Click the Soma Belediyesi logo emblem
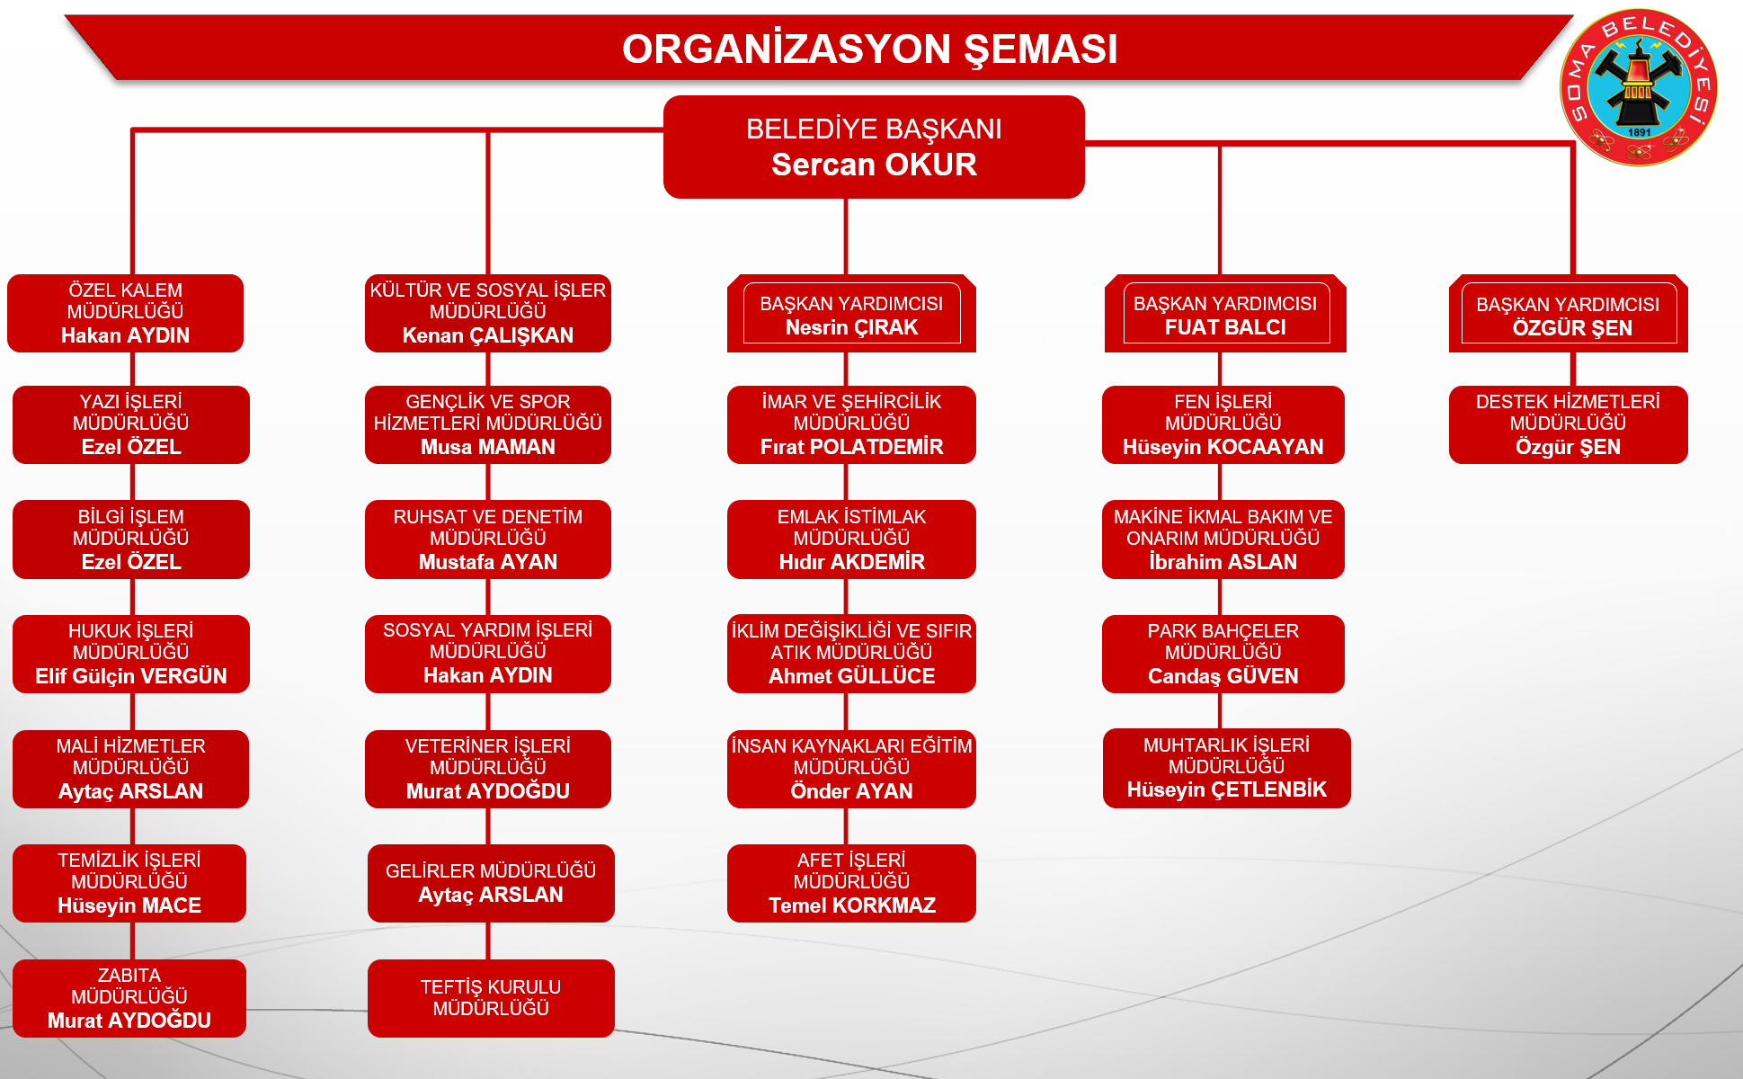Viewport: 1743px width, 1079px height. point(1639,87)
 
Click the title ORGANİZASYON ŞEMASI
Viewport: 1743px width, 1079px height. point(870,49)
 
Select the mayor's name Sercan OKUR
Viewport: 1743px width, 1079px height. point(874,165)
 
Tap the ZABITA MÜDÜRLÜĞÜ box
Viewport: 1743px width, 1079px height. point(129,998)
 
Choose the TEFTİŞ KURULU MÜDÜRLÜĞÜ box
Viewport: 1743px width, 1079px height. point(491,998)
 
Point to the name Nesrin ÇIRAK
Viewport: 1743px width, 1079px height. point(851,327)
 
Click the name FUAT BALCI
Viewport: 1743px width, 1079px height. point(1225,327)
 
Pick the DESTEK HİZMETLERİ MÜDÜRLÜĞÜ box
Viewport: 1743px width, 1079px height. point(1569,424)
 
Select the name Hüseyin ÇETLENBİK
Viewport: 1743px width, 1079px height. point(1227,789)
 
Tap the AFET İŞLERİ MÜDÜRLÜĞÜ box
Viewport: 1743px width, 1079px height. point(851,883)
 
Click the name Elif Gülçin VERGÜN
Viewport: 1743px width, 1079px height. point(131,676)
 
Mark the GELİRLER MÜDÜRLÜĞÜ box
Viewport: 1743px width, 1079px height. point(491,883)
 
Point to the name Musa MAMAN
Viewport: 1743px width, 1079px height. point(488,447)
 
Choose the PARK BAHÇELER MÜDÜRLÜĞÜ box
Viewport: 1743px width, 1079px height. point(1223,654)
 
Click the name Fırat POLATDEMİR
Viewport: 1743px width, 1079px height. point(851,447)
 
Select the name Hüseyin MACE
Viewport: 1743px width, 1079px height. point(129,905)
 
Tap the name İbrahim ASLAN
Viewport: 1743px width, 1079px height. point(1223,562)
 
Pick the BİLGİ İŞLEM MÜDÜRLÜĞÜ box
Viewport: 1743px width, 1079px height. point(131,539)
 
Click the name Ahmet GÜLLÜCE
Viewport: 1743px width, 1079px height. point(851,676)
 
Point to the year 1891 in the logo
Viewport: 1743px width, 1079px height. point(1640,132)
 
